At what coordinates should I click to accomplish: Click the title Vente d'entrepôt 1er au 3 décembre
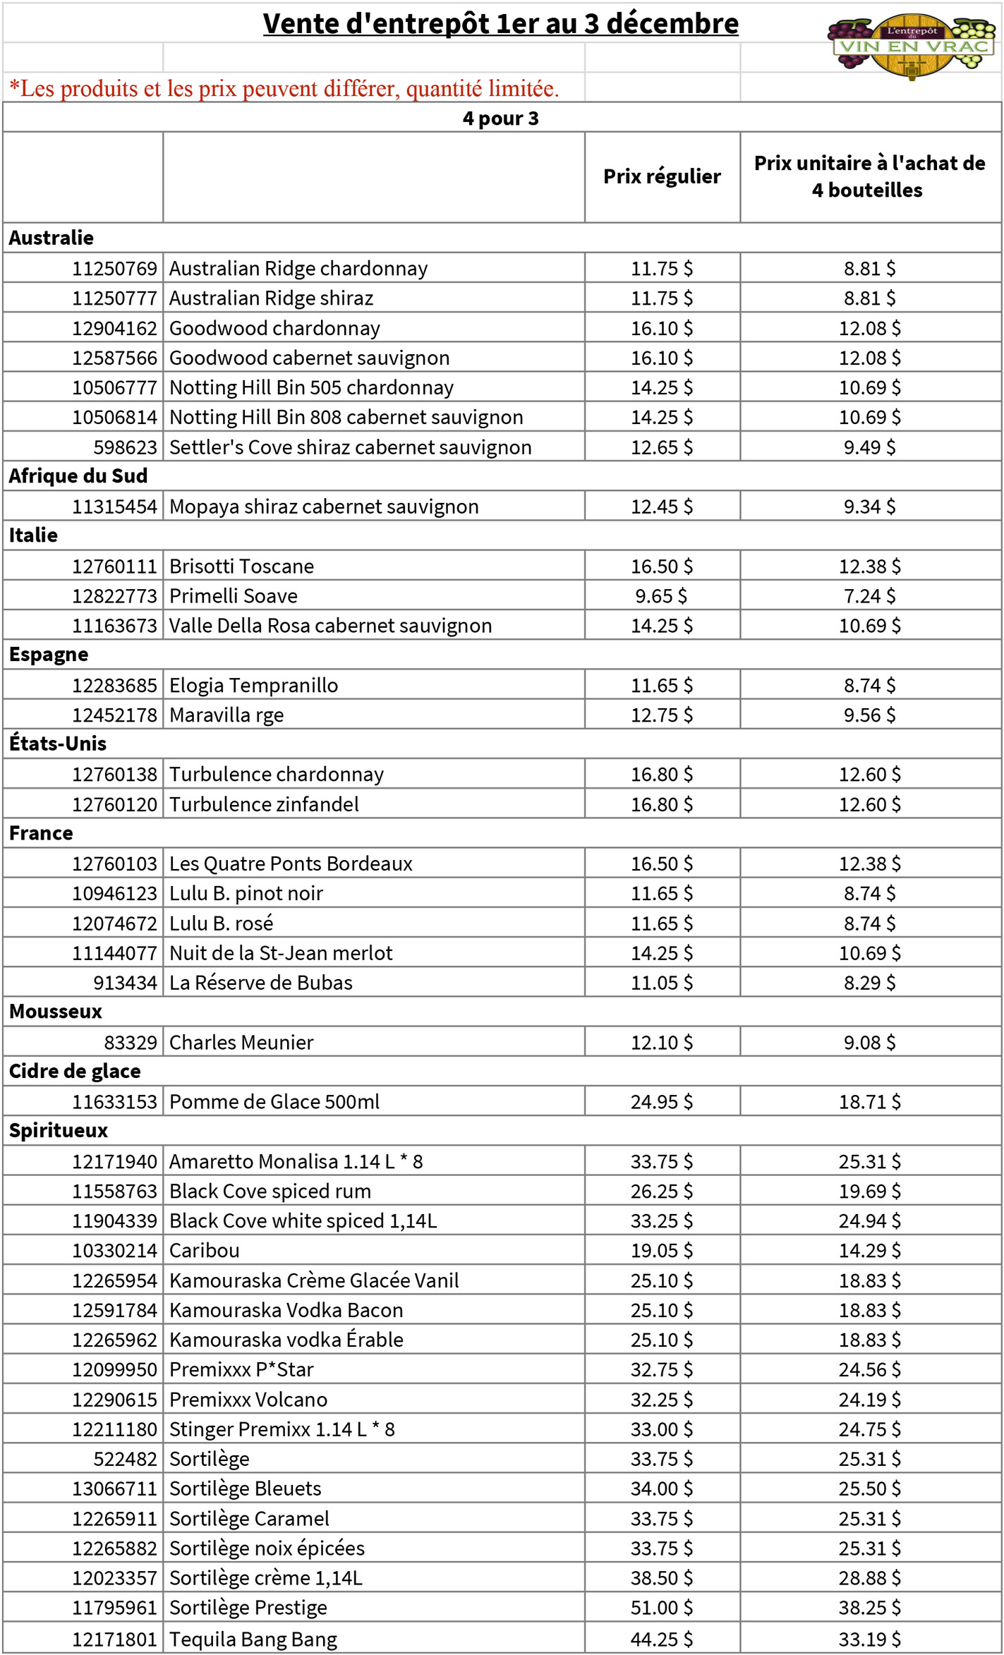click(500, 24)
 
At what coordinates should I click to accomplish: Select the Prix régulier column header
click(662, 176)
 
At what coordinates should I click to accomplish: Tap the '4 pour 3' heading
click(500, 119)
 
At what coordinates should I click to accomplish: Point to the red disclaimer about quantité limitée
click(284, 89)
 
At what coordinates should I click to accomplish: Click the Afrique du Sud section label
click(78, 476)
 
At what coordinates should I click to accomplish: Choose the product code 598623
click(125, 447)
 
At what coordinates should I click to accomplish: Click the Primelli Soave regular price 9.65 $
click(661, 596)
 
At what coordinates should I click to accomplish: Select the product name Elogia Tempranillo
click(253, 685)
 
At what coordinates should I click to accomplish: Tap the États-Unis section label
click(58, 744)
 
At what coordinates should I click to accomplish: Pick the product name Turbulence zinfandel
click(264, 804)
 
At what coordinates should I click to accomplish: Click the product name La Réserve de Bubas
click(260, 983)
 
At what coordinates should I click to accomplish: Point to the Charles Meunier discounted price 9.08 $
click(869, 1043)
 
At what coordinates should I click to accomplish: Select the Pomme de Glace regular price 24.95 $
click(661, 1102)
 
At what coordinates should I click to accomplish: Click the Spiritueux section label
click(59, 1131)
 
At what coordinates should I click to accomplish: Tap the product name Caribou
click(205, 1251)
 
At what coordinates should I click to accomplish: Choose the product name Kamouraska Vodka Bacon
click(286, 1310)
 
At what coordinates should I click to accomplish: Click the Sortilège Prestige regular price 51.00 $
click(661, 1608)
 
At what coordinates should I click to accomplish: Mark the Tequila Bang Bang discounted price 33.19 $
click(869, 1639)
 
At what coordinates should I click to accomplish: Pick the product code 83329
click(131, 1043)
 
